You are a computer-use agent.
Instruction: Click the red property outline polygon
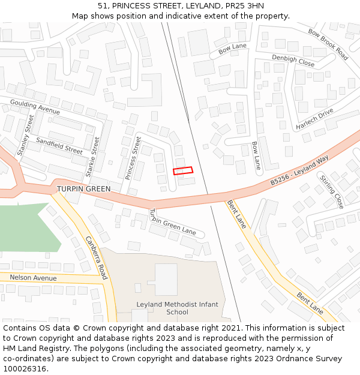(x=184, y=170)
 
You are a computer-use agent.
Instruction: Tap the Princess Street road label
(x=133, y=158)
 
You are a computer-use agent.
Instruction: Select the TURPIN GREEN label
(x=84, y=189)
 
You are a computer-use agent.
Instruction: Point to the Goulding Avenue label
(x=35, y=107)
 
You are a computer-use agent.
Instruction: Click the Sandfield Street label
(x=59, y=146)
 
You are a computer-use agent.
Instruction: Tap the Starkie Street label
(x=93, y=156)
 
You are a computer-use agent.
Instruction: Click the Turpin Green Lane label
(x=172, y=222)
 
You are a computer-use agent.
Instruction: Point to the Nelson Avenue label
(x=33, y=278)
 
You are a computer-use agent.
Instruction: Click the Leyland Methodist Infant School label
(x=177, y=308)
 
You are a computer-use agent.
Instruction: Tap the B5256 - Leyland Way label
(x=299, y=169)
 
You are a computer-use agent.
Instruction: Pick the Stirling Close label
(x=331, y=191)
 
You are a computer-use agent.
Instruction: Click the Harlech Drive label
(x=314, y=119)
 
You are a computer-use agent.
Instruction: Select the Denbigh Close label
(x=293, y=60)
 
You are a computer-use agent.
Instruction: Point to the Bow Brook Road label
(x=328, y=44)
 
